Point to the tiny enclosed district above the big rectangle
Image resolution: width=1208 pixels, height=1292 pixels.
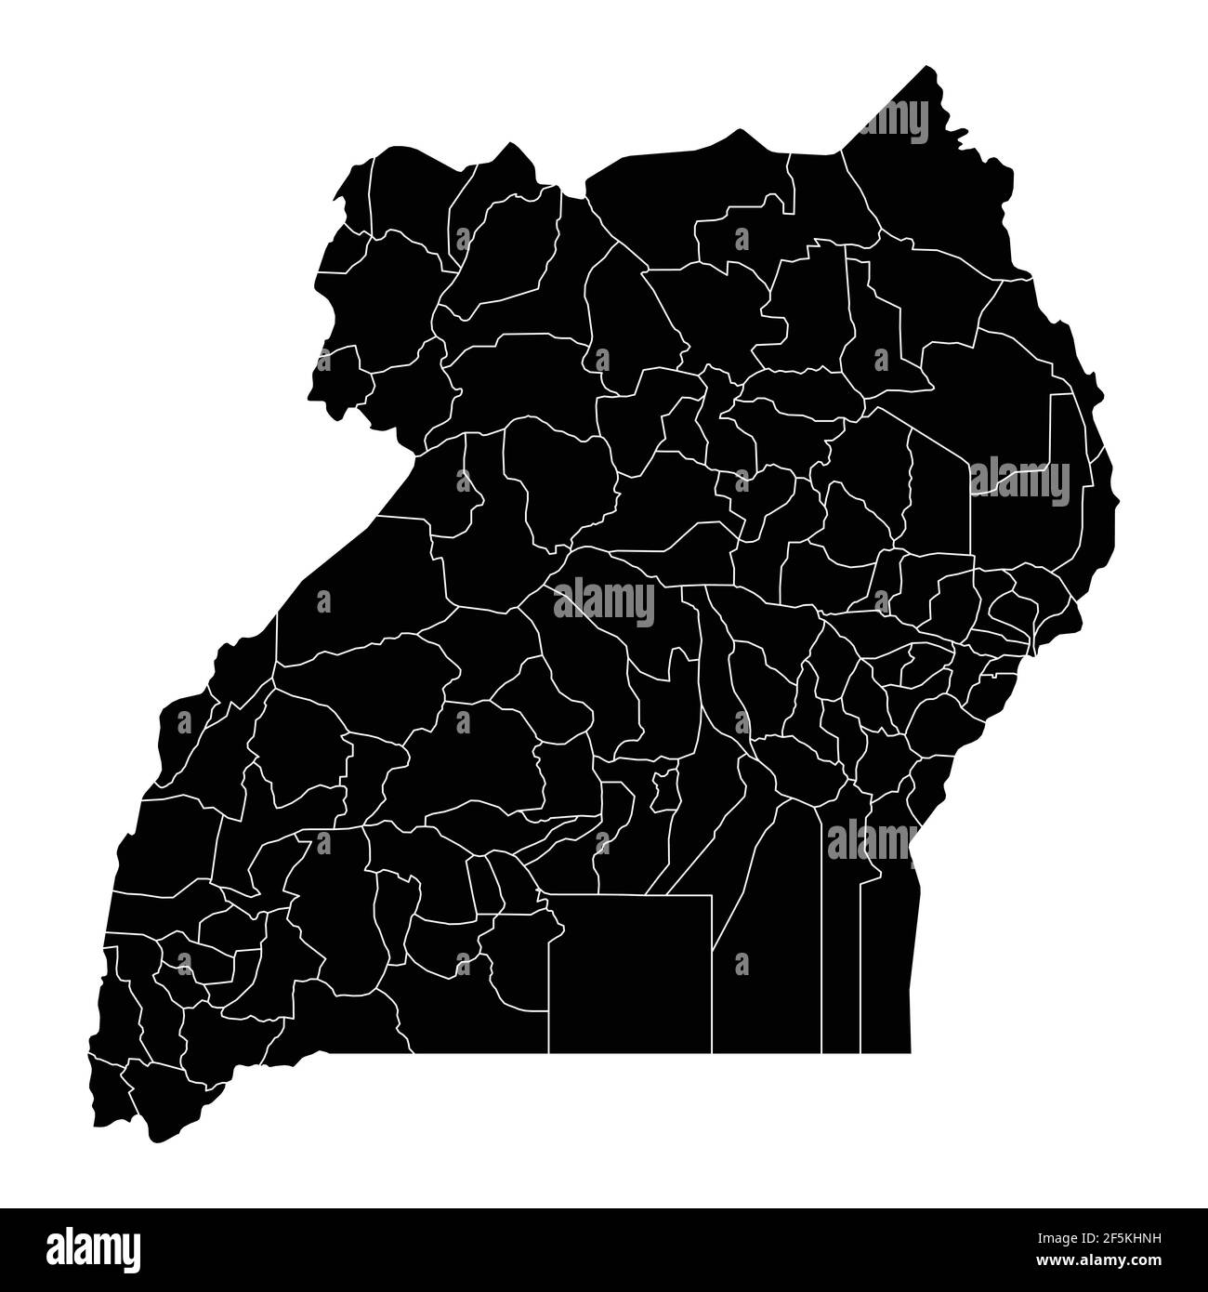point(663,790)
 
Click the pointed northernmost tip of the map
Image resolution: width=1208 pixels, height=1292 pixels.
point(926,67)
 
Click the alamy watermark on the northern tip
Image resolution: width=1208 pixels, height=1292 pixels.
point(892,121)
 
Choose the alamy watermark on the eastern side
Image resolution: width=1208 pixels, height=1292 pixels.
point(1019,481)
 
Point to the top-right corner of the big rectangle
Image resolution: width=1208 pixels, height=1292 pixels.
point(712,896)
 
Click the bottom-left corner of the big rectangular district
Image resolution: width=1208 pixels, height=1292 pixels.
point(549,1052)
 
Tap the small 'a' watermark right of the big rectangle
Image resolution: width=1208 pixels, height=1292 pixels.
point(742,964)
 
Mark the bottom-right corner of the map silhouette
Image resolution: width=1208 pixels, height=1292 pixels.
point(910,1051)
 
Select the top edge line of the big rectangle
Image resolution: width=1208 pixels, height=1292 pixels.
point(630,896)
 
